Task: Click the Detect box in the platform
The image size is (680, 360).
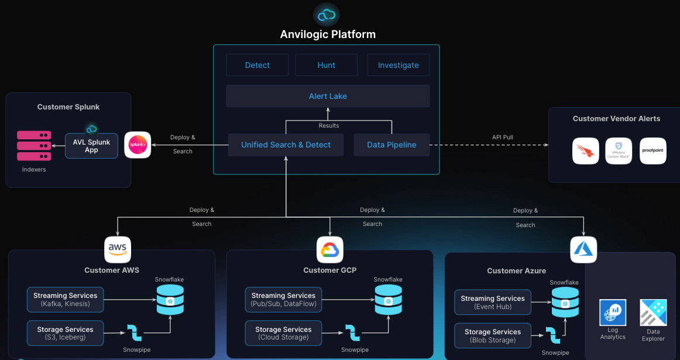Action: pos(257,65)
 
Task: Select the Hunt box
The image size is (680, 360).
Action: pos(326,65)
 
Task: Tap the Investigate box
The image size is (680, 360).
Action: pos(398,65)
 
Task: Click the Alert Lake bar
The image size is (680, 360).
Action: pos(328,96)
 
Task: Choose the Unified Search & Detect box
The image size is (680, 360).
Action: pos(286,145)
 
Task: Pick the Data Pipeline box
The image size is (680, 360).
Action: pos(391,145)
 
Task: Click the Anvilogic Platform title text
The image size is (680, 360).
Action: pos(328,34)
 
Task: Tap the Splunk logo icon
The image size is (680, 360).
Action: pos(138,145)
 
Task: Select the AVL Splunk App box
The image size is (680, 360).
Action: pos(91,145)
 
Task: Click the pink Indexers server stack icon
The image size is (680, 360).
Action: pos(34,146)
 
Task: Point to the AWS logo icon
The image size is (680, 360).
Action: pos(118,249)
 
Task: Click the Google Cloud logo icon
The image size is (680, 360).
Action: pos(329,250)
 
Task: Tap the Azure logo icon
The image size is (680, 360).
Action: pos(583,250)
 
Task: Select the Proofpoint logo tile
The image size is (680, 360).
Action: pos(652,151)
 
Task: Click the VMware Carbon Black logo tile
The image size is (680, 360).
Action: pos(619,151)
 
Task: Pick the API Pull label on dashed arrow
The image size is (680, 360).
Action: pos(503,138)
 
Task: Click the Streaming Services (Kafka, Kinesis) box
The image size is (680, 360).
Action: pos(66,299)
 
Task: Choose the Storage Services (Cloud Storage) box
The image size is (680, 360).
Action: pos(283,333)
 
